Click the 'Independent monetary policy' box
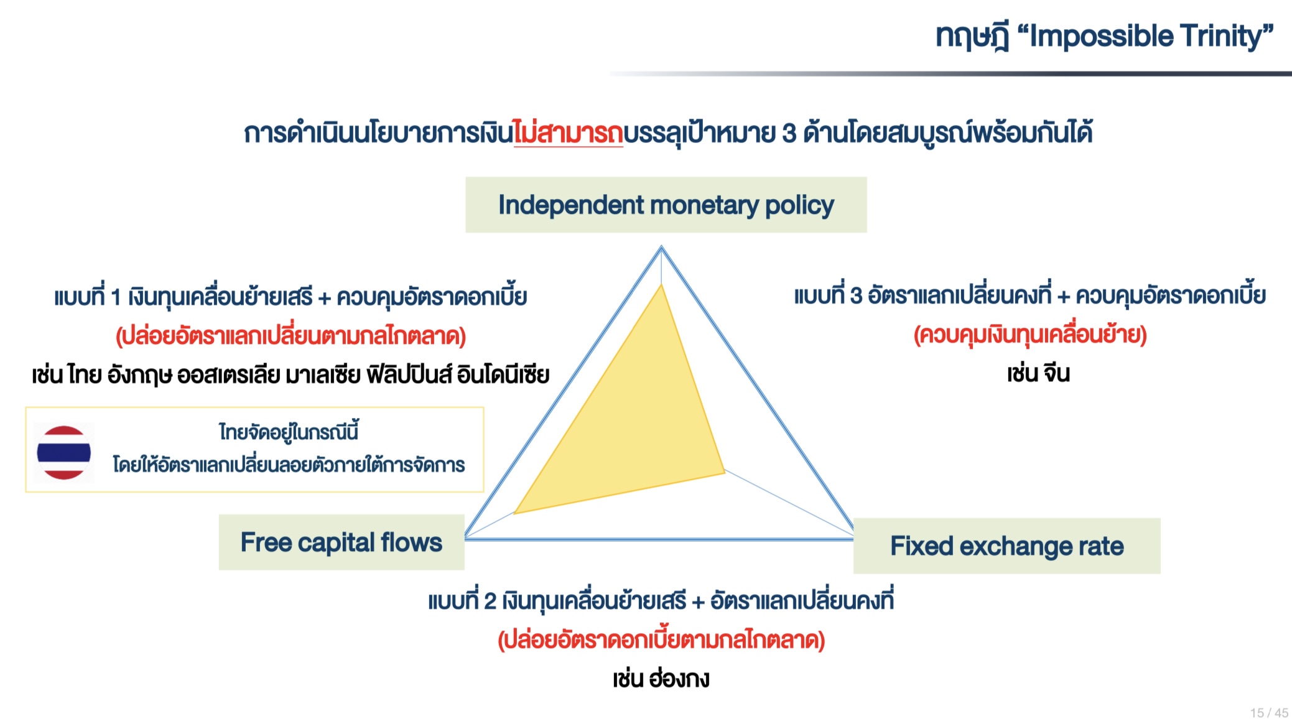point(666,205)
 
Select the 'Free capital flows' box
point(342,542)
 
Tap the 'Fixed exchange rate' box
point(1006,545)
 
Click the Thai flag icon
point(64,453)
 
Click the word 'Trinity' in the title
point(1227,36)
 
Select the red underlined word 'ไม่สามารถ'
point(568,132)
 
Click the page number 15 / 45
point(1269,713)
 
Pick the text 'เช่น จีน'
point(1038,373)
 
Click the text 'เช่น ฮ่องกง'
point(661,678)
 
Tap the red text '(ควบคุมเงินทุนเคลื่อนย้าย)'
point(1030,335)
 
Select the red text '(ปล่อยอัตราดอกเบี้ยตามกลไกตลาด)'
point(661,639)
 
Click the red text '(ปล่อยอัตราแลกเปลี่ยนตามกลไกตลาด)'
point(290,336)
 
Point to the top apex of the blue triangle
point(661,247)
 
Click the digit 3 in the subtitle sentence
point(789,133)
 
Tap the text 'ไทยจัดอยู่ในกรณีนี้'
point(289,431)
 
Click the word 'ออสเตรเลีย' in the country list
point(228,375)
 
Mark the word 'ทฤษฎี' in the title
point(973,36)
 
